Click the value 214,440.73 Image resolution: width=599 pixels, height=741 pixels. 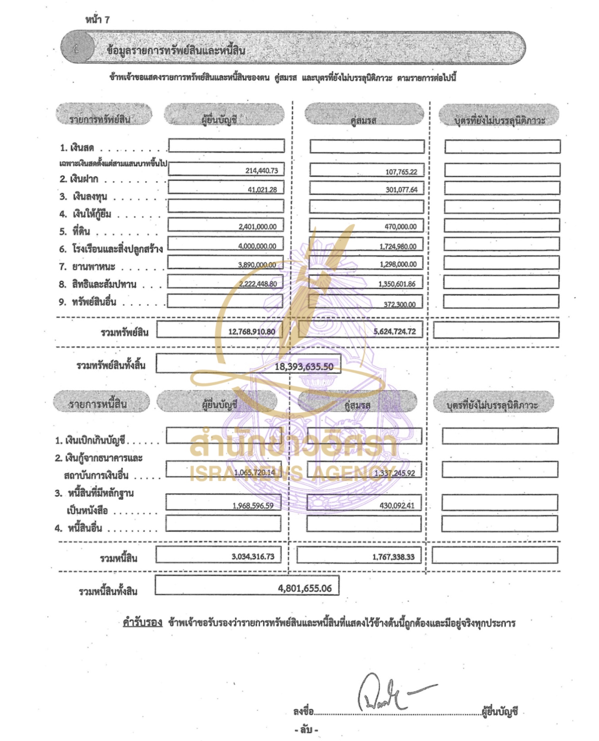point(262,171)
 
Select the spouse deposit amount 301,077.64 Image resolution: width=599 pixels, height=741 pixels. point(401,190)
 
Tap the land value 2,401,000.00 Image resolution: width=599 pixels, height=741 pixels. point(258,227)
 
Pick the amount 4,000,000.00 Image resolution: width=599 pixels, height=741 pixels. point(257,246)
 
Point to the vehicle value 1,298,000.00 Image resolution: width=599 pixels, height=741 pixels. point(398,264)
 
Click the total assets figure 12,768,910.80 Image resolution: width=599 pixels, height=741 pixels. point(252,332)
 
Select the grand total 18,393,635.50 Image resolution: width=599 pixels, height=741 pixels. point(304,367)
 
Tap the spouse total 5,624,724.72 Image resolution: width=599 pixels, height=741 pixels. point(394,332)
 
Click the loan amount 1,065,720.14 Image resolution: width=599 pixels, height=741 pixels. point(254,472)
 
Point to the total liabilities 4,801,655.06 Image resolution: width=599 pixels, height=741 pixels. point(305,588)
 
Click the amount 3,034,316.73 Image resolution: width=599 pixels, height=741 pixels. point(253,557)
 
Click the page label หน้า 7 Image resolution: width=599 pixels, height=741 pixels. point(97,19)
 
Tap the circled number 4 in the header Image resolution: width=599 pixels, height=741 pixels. point(76,49)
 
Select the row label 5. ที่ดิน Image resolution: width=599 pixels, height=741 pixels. point(75,231)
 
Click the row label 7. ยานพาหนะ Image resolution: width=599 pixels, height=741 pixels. point(87,266)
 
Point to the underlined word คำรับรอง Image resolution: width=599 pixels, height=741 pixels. point(142,623)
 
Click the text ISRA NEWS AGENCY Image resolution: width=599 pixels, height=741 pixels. point(293,473)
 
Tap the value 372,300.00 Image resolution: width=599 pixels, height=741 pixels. point(399,305)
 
